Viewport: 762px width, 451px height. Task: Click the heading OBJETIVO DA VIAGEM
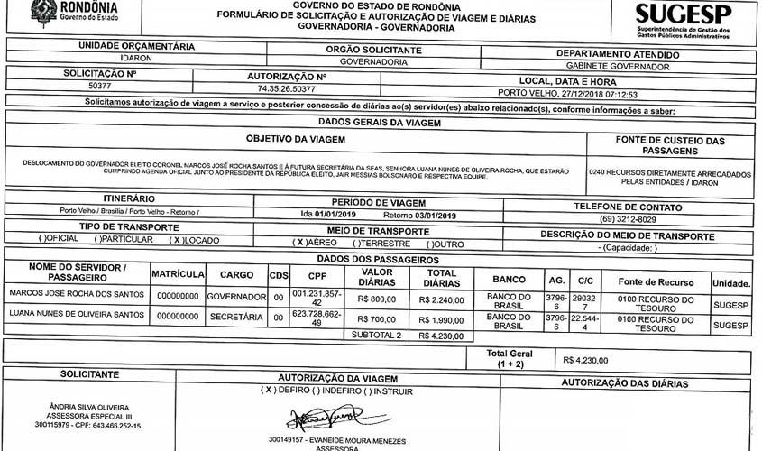[296, 140]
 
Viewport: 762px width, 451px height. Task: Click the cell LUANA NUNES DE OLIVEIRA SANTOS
[75, 315]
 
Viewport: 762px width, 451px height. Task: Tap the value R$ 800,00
[376, 299]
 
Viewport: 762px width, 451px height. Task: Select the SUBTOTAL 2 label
[376, 335]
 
